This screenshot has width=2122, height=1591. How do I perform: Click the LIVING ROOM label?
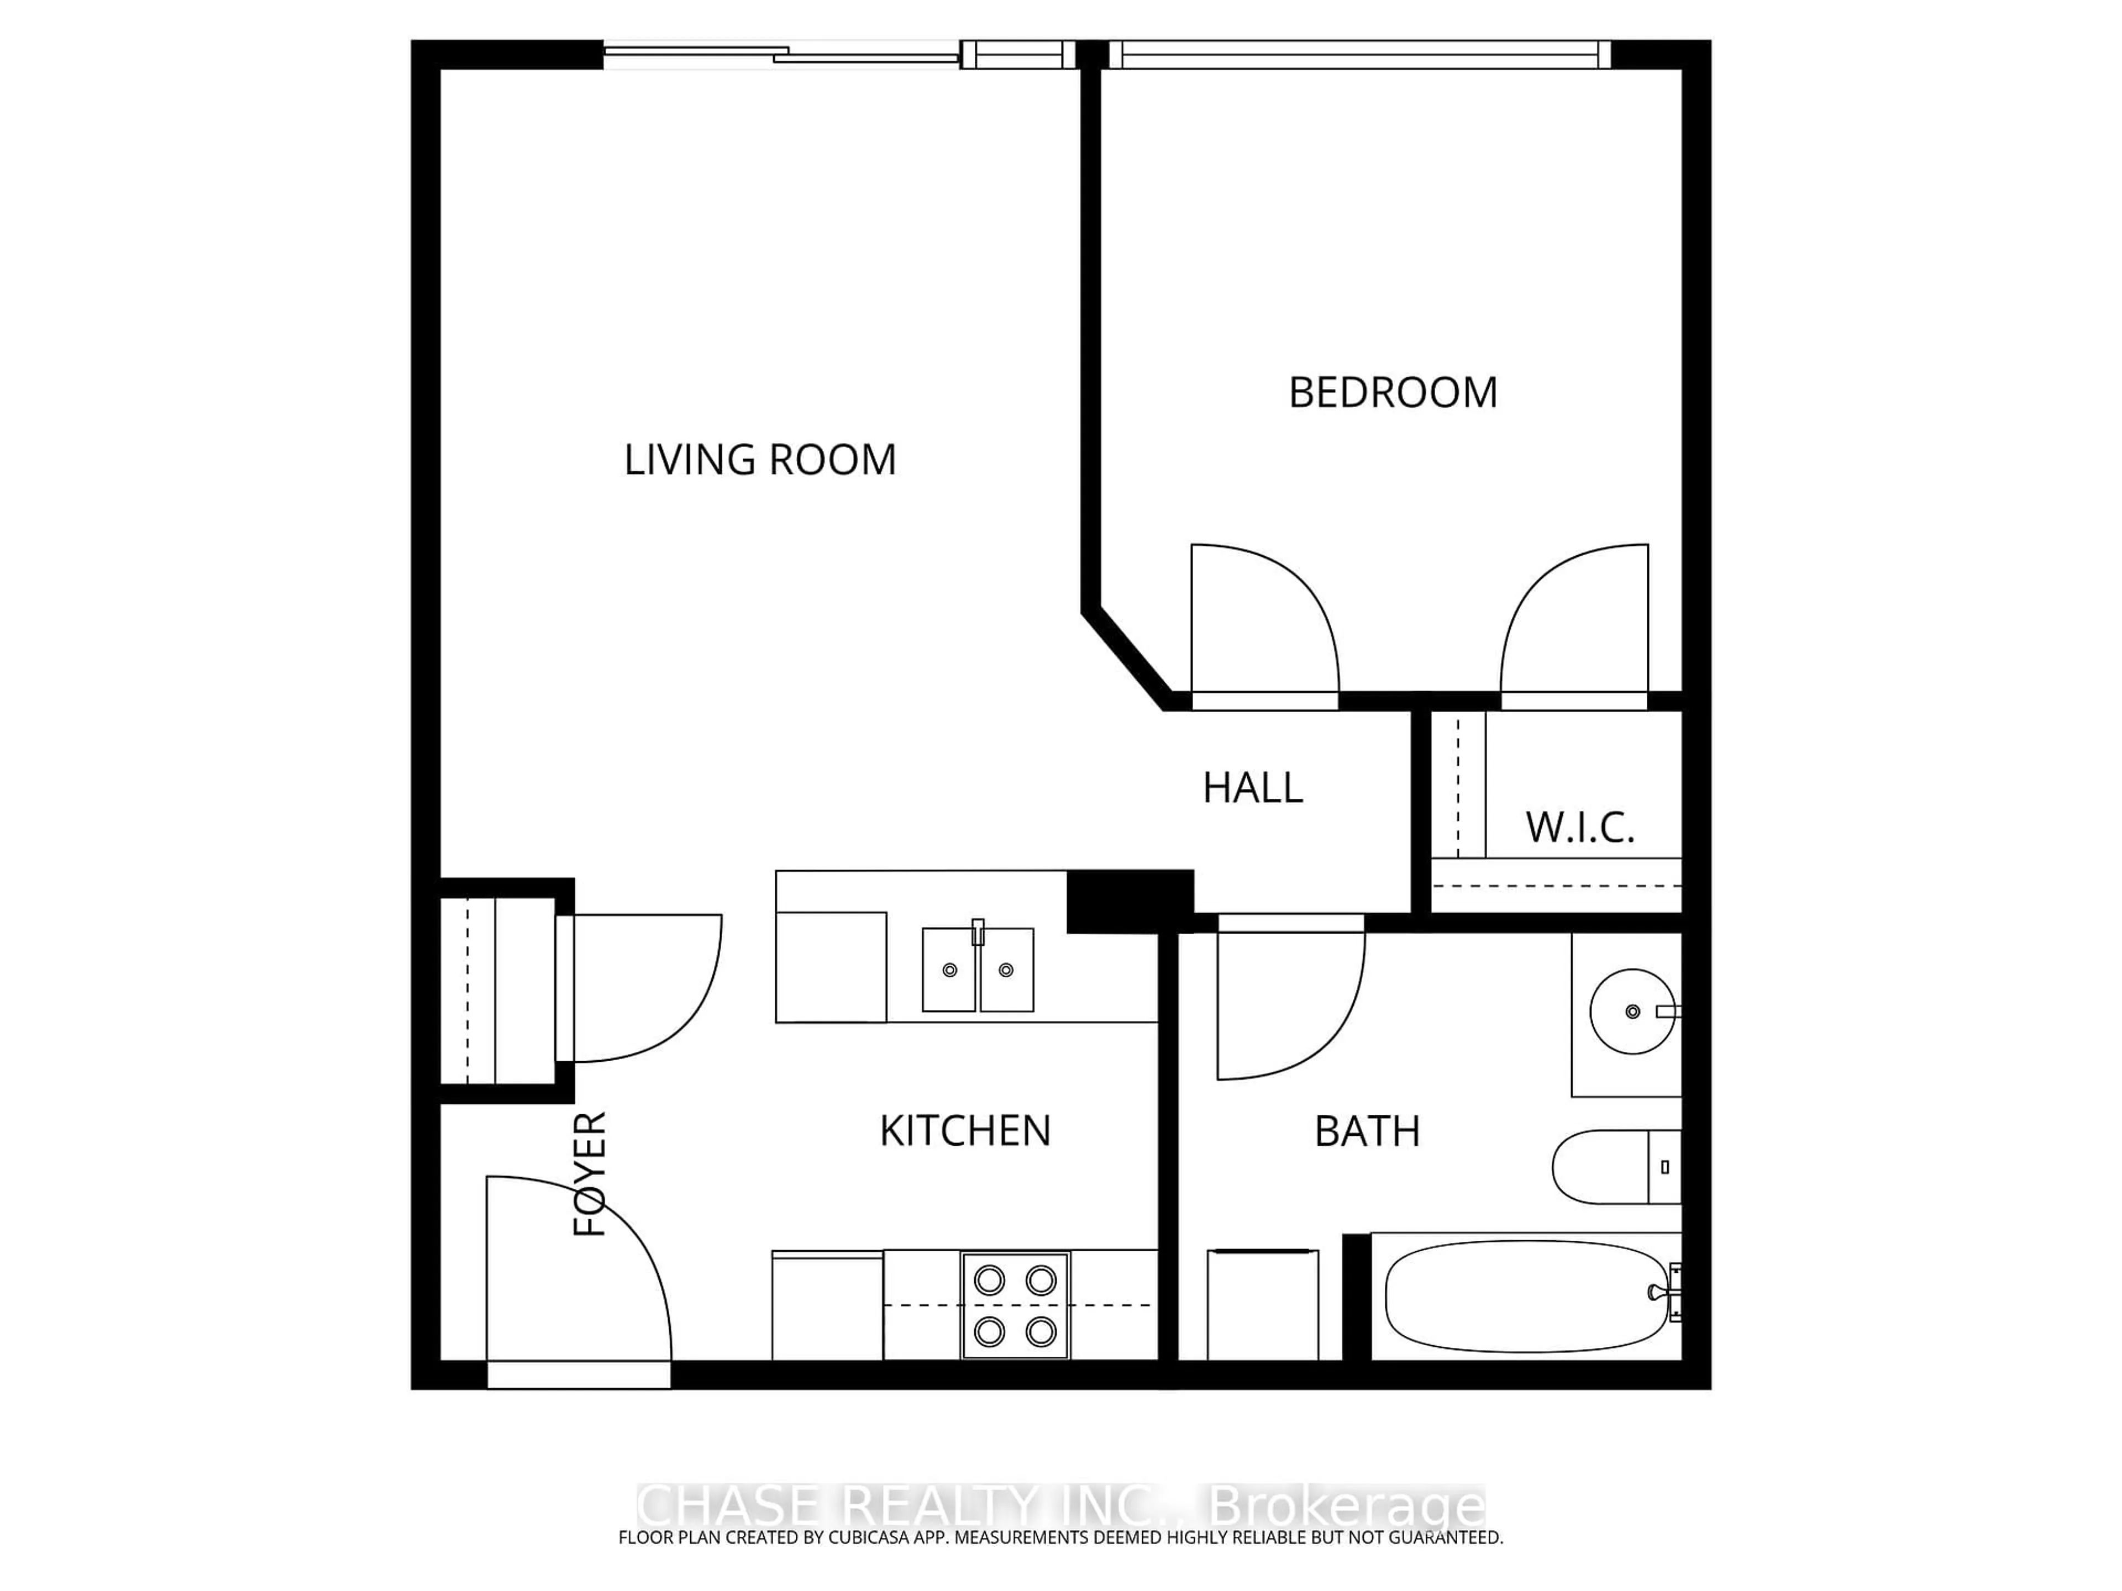coord(760,460)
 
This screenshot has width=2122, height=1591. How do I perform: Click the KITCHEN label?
coord(965,1131)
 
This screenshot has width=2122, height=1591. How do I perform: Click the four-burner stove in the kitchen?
coord(1015,1305)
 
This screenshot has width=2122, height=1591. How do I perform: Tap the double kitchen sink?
coord(978,970)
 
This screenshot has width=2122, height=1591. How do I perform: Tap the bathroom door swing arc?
coord(1285,1002)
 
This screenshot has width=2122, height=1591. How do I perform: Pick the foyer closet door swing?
coord(638,988)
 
